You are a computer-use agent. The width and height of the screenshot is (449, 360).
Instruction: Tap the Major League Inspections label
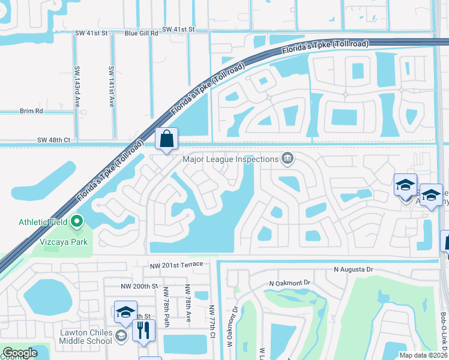click(231, 159)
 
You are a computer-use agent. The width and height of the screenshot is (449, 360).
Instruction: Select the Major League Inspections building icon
click(288, 158)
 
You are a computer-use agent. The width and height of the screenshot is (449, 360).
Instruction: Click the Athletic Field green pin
click(76, 222)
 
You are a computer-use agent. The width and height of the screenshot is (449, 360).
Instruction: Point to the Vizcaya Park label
click(68, 242)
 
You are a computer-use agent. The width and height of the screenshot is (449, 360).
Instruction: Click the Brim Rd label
click(31, 111)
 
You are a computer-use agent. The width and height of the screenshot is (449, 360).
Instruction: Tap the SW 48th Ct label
click(53, 140)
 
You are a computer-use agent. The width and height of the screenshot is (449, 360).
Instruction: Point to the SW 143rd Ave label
click(77, 86)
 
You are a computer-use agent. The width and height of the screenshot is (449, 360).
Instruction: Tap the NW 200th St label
click(139, 287)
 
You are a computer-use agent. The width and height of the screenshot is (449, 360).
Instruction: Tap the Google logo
click(20, 353)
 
